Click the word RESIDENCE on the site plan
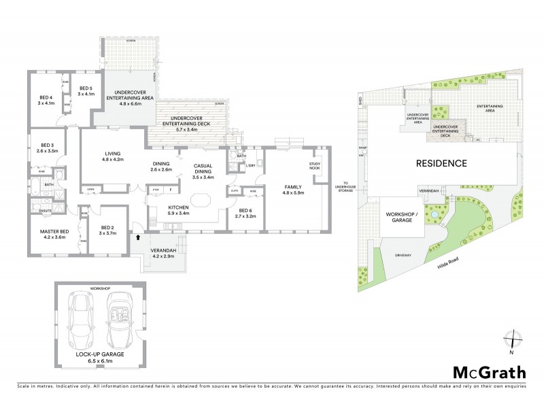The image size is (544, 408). click(441, 163)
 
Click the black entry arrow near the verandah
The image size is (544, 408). click(139, 238)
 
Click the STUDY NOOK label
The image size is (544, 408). click(315, 165)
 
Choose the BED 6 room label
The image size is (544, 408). click(247, 212)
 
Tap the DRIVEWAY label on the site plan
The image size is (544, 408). click(404, 255)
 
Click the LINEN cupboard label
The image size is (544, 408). click(89, 189)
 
